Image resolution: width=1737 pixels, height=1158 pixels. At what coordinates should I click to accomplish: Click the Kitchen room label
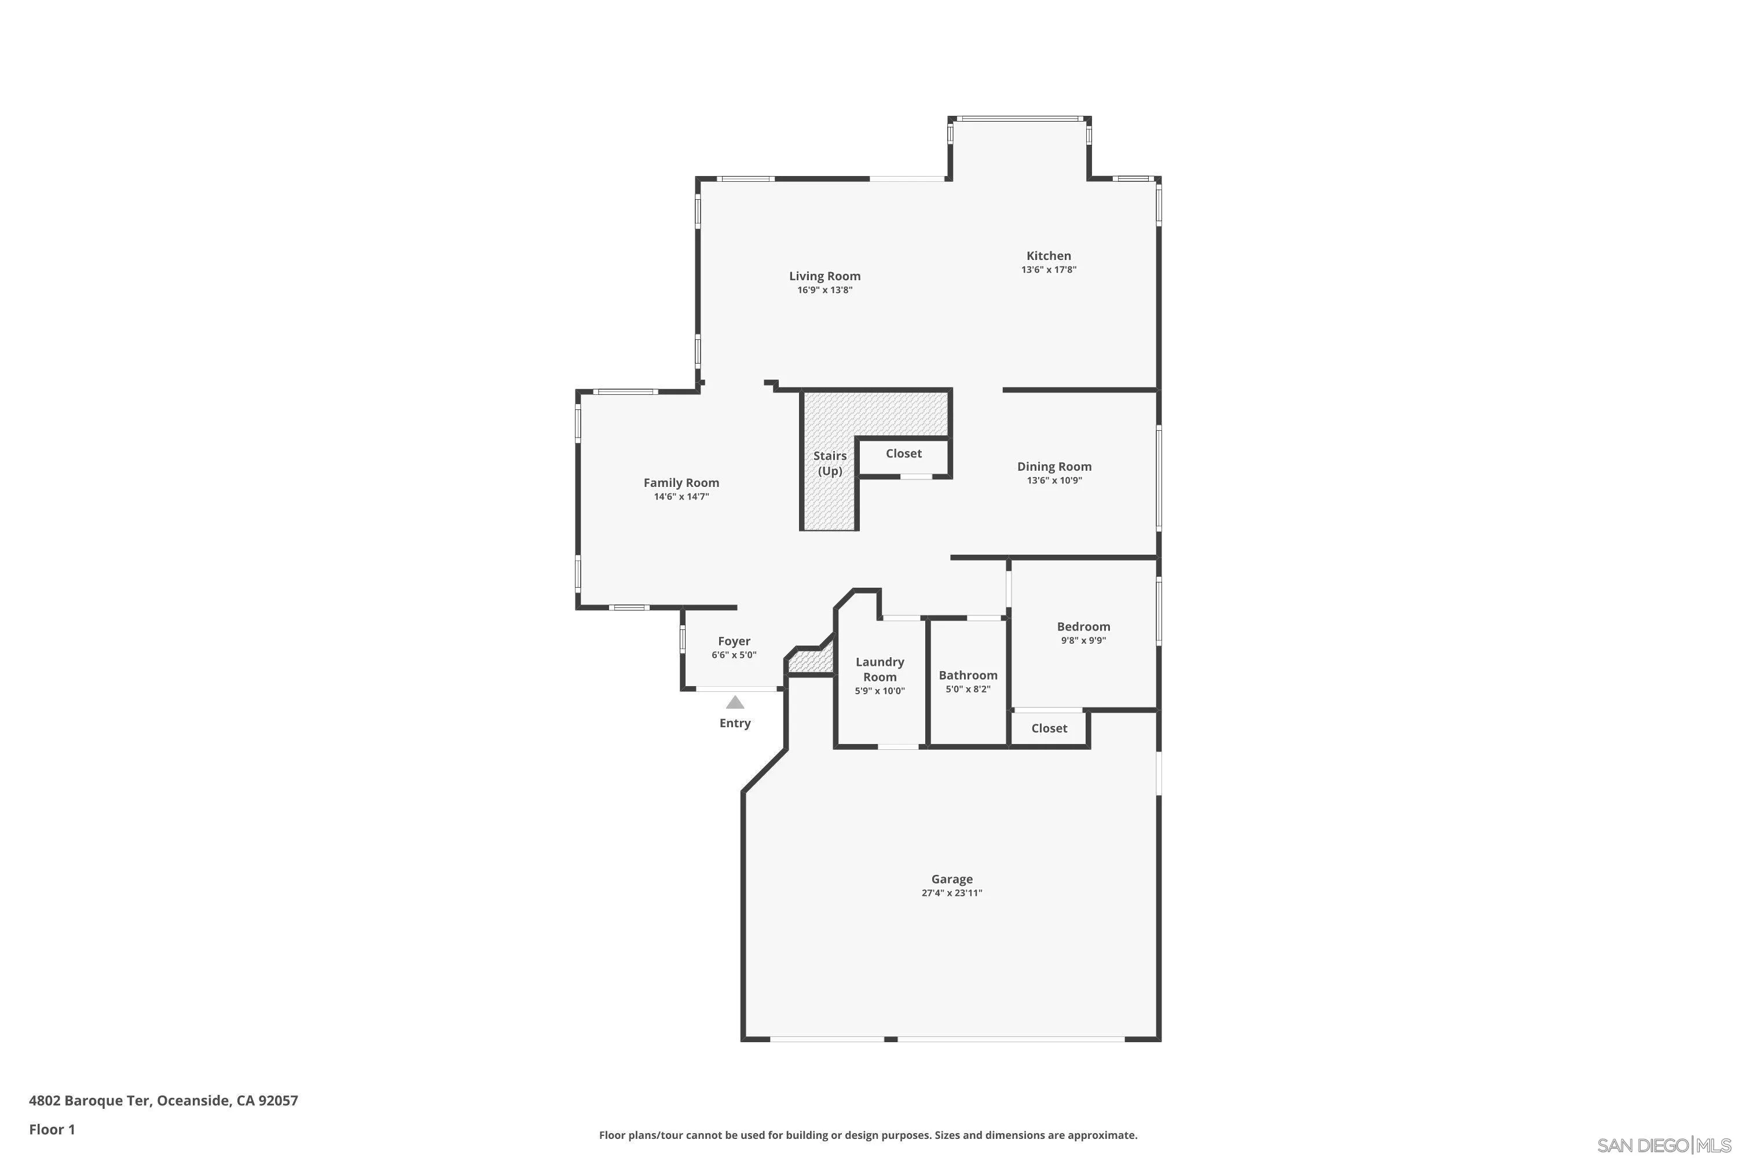pos(1048,255)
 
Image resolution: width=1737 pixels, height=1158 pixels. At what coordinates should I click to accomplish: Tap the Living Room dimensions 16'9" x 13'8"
pos(824,290)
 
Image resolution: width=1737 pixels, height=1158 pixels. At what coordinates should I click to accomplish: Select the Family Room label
pos(681,482)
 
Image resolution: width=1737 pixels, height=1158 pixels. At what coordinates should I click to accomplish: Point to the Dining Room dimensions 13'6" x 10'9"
pos(1054,480)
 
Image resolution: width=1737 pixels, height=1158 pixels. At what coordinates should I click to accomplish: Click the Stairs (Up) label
pos(829,463)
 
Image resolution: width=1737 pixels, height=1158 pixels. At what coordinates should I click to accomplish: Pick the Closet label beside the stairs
pos(903,453)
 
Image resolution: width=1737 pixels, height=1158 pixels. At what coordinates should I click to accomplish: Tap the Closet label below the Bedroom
pos(1049,728)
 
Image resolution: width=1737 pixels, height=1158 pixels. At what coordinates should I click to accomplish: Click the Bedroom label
pos(1083,626)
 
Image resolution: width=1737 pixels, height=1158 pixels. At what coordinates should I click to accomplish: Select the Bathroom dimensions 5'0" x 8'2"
pos(968,689)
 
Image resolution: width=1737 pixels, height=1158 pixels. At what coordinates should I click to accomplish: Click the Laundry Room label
pos(880,669)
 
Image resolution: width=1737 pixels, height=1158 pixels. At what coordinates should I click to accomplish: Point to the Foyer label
pos(734,641)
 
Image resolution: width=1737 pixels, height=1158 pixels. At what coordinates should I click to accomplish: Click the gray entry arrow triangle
pos(734,702)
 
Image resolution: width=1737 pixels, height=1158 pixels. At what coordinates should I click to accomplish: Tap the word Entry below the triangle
pos(735,723)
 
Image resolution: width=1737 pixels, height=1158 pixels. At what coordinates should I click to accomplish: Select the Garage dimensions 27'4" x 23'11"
pos(951,893)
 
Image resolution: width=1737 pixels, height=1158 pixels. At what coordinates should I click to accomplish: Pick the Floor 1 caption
pos(52,1129)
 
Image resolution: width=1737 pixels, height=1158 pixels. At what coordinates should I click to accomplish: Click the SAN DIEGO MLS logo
pos(1665,1145)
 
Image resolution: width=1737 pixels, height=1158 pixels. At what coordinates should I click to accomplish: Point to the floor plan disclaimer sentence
pos(868,1135)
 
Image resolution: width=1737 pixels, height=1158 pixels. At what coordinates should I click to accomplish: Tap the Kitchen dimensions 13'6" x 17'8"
pos(1048,270)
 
